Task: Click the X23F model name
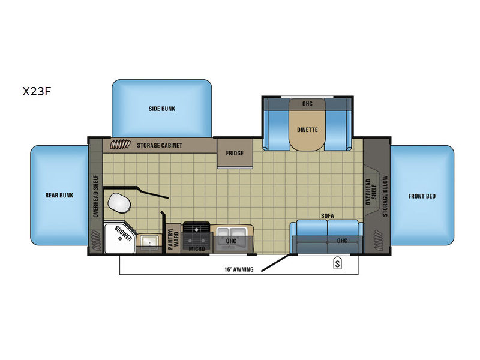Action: point(37,91)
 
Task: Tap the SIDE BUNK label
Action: point(162,109)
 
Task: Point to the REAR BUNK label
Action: point(59,196)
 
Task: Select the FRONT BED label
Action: point(422,196)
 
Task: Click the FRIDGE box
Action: point(235,153)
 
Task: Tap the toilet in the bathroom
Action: point(119,203)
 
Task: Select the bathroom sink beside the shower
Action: point(149,241)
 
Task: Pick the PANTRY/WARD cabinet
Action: point(173,238)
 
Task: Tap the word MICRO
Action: point(197,249)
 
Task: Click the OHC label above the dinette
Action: point(307,104)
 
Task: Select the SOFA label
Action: point(327,216)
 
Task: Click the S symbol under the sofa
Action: point(337,263)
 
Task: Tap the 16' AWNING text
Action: point(239,269)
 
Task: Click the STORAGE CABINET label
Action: point(160,145)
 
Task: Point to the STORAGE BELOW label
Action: point(385,196)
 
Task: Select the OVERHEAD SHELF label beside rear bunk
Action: point(96,196)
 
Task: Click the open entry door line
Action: point(275,262)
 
